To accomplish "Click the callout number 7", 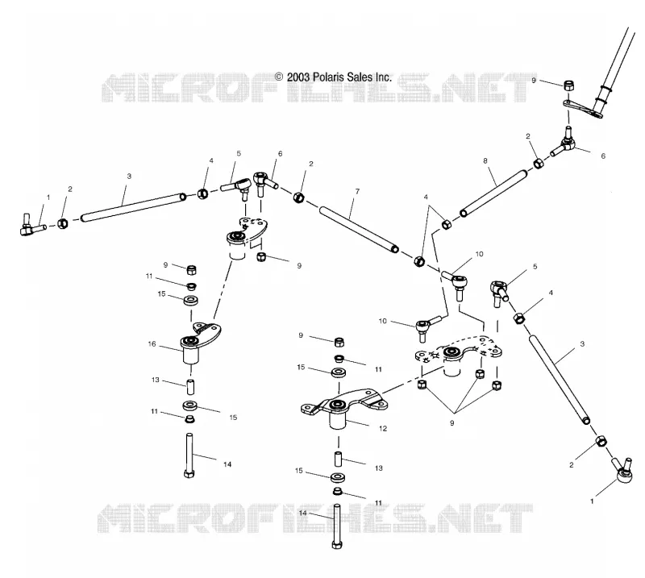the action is (357, 191).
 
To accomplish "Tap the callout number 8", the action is (485, 160).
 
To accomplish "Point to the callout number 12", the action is (383, 429).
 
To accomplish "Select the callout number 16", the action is (152, 344).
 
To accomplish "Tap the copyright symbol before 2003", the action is (279, 77).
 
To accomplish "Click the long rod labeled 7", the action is (359, 228).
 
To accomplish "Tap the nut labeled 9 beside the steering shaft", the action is (569, 85).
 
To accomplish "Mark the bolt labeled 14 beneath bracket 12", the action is (337, 526).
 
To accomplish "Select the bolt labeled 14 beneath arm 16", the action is (189, 455).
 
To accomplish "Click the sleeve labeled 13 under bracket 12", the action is (338, 459).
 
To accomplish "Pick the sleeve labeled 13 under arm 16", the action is (190, 387).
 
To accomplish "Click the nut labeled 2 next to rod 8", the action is (539, 164).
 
